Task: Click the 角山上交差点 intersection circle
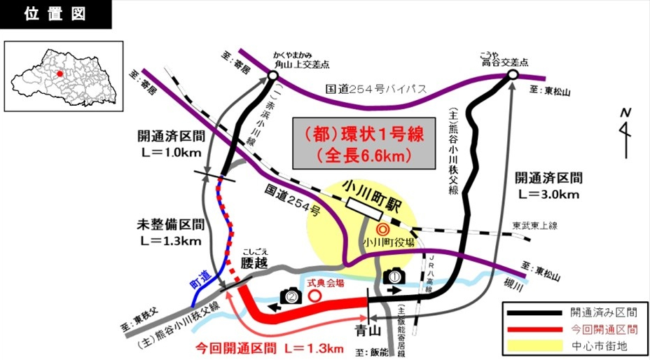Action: pyautogui.click(x=272, y=74)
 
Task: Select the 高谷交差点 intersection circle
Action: pyautogui.click(x=512, y=74)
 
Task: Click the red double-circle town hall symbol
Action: pyautogui.click(x=382, y=229)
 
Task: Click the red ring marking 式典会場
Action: pyautogui.click(x=315, y=296)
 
